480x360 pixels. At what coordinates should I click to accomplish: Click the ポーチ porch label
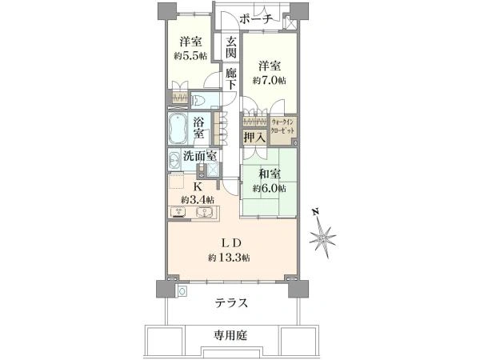256,19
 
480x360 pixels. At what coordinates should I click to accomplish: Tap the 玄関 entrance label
231,47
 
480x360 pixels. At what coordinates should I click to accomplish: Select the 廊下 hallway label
231,78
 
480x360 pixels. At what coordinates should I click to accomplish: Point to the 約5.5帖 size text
190,56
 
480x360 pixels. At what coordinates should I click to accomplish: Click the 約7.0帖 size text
270,81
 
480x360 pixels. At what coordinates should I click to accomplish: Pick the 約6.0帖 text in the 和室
270,189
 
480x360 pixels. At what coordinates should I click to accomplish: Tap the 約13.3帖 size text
229,258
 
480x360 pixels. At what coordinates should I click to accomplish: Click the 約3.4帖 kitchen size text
197,201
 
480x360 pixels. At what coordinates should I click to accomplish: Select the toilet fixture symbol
200,100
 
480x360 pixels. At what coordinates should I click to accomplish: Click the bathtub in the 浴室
178,129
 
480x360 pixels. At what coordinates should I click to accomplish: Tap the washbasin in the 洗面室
174,160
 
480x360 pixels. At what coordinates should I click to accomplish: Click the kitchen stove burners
180,212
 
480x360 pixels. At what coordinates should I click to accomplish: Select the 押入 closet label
254,137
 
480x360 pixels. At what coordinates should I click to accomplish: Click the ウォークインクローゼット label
283,126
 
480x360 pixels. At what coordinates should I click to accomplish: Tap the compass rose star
322,238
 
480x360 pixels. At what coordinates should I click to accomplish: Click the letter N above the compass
316,212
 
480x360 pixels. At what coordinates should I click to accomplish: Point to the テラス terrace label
231,303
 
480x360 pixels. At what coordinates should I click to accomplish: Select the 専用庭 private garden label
230,335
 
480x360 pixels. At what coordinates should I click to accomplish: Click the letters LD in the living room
232,243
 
